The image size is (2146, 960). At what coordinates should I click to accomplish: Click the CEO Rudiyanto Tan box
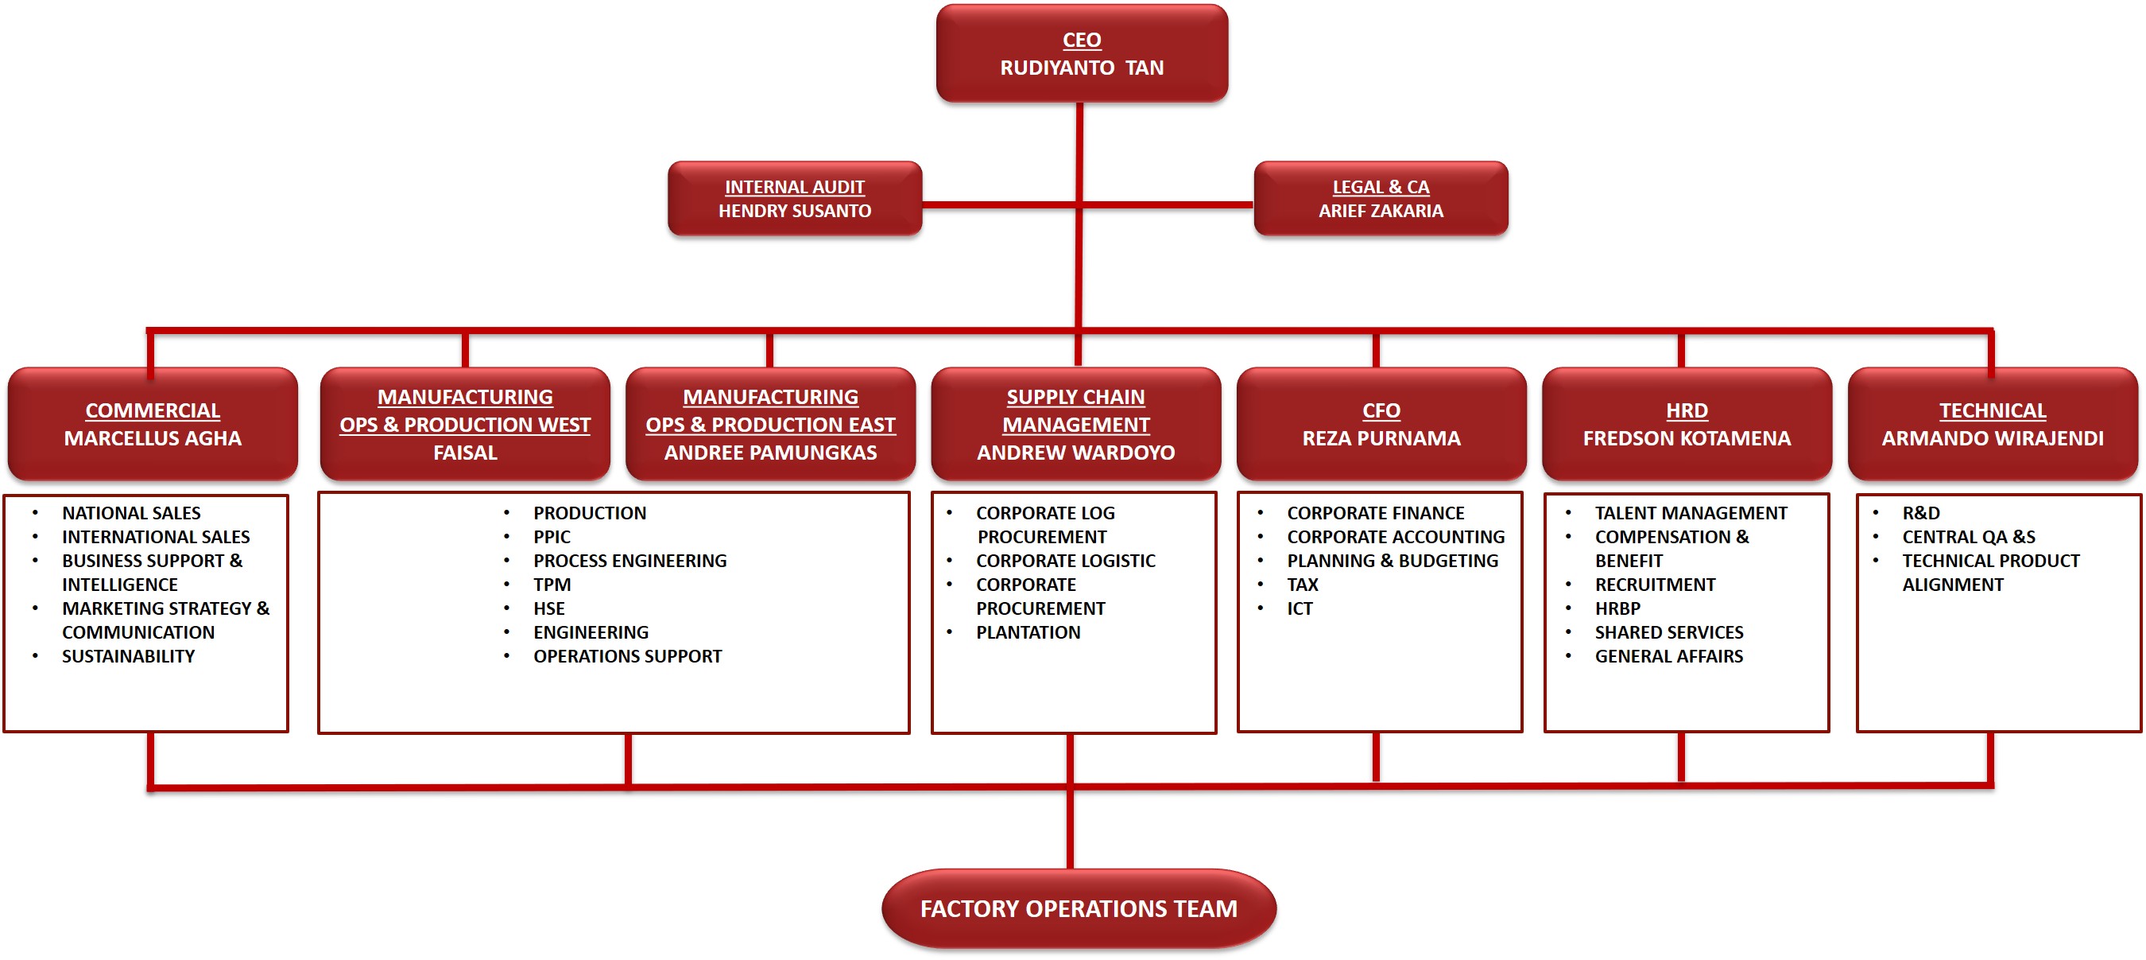tap(1081, 53)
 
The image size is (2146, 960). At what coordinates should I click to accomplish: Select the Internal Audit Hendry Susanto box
tap(794, 198)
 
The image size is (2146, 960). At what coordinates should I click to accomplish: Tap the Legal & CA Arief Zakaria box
tap(1381, 198)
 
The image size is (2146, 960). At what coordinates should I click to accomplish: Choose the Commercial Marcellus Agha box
tap(153, 424)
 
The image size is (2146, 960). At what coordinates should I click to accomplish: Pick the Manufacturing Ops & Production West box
tap(465, 424)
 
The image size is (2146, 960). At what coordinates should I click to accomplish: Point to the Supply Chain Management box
tap(1075, 424)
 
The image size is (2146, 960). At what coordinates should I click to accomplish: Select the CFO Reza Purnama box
tap(1381, 424)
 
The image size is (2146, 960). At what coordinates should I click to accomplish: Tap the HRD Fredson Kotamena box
tap(1686, 424)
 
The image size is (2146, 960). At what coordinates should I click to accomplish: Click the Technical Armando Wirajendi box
tap(1992, 424)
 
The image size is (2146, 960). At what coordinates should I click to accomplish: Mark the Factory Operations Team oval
tap(1078, 908)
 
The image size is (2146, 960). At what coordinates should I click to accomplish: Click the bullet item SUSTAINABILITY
tap(128, 657)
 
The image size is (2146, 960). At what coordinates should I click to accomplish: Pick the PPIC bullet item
tap(552, 538)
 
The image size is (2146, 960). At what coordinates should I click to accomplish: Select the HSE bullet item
tap(549, 609)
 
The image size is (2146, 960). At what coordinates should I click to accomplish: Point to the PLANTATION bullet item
tap(1028, 632)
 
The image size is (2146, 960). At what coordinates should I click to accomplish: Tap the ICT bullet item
tap(1300, 609)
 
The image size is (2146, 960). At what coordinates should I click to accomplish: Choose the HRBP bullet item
tap(1617, 609)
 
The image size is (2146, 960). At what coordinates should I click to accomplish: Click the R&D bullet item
tap(1920, 513)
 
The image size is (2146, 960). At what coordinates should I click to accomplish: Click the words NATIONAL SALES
tap(131, 513)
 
